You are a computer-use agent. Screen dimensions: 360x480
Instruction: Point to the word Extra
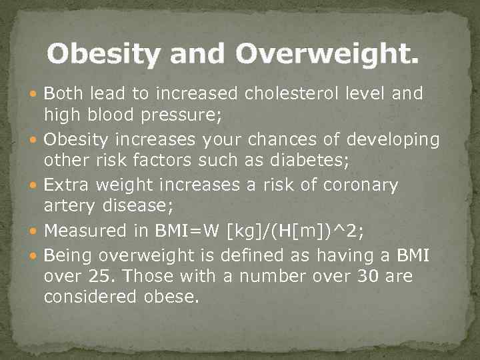pos(67,185)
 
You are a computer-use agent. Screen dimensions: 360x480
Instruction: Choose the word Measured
pos(85,231)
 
